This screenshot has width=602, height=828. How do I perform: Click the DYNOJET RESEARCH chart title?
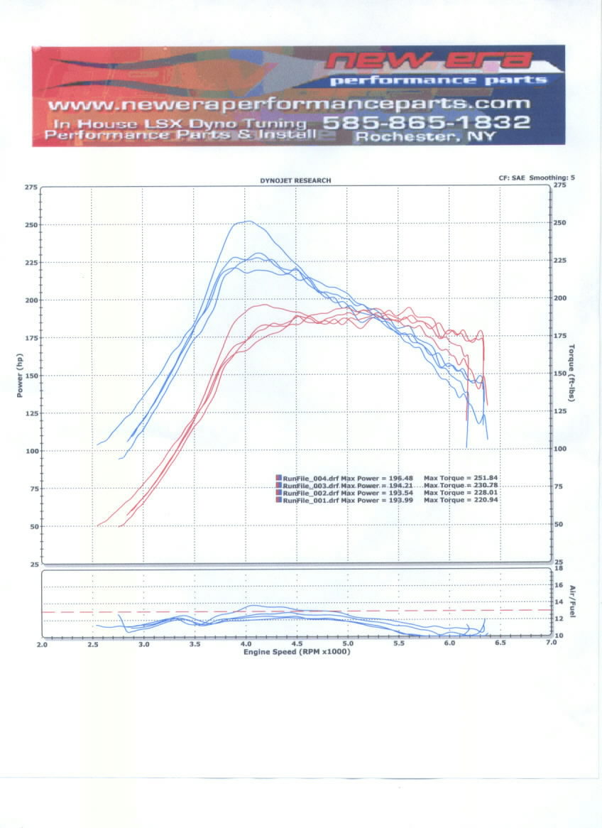pos(295,181)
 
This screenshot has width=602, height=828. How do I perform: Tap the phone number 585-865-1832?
pos(426,121)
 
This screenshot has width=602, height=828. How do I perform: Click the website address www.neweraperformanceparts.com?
pos(290,104)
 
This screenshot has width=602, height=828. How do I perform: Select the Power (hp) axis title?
pos(21,375)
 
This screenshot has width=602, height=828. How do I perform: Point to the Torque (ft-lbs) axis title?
pos(571,373)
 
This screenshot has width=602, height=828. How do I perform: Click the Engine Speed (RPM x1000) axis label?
pos(296,651)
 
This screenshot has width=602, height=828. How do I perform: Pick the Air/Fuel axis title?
pos(571,601)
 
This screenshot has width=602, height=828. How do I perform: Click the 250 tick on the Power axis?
pos(31,225)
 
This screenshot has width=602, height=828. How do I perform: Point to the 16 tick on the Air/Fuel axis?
pos(559,585)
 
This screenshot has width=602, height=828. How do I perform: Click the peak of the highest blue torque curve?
pos(246,222)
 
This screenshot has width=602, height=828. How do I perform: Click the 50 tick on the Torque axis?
pos(559,524)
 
